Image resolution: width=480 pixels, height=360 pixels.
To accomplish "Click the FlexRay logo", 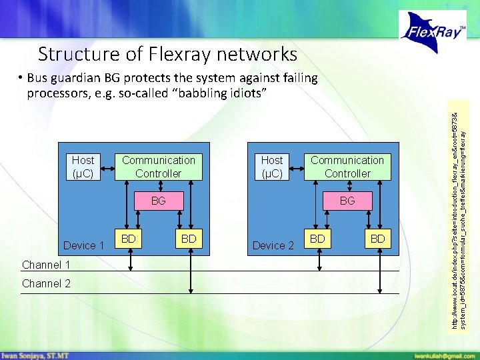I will [x=433, y=31].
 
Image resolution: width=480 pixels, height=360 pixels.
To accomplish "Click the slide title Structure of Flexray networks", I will [x=167, y=53].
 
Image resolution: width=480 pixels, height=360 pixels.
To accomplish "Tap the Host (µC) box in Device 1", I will [x=83, y=167].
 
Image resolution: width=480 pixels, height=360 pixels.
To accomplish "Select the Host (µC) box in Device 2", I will [x=271, y=167].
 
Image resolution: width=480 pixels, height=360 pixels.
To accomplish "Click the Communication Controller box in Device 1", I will [x=158, y=167].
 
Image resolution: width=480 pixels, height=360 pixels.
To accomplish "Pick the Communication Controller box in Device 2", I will [x=347, y=167].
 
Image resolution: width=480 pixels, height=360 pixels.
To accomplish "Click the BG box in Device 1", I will [x=158, y=200].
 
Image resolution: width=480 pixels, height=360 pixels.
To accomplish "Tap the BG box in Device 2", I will [x=347, y=200].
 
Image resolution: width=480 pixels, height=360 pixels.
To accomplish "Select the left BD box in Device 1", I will [x=129, y=239].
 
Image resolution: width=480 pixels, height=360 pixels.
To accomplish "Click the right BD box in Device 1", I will [x=189, y=239].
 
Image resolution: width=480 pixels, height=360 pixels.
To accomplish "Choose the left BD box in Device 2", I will [x=318, y=239].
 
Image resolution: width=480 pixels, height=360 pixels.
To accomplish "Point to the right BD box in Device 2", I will [x=378, y=239].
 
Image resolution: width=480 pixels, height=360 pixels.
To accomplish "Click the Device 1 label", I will [x=83, y=245].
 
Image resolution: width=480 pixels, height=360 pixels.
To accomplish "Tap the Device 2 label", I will [x=273, y=245].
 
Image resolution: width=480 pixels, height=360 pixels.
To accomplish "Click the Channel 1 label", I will [x=46, y=265].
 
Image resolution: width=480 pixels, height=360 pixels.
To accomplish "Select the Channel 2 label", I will [x=46, y=284].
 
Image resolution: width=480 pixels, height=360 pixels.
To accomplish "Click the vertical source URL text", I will [x=459, y=213].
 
